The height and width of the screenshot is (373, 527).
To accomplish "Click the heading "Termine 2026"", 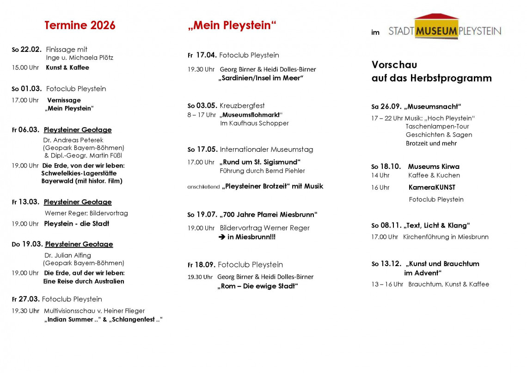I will [x=80, y=25].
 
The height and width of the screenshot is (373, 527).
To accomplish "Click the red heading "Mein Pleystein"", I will [x=232, y=25].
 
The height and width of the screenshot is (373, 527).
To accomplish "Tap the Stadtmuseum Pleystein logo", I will [x=444, y=29].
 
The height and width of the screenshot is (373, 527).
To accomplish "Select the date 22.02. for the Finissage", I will [x=31, y=50].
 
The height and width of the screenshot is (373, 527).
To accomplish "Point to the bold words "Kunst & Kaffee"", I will [x=67, y=68].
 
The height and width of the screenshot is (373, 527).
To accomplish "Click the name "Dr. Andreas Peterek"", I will [x=73, y=140].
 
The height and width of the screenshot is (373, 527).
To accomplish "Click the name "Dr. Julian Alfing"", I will [x=67, y=255].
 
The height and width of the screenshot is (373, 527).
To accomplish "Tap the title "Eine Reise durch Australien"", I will [x=84, y=281].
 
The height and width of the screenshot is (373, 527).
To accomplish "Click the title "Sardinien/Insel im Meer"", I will [x=261, y=78].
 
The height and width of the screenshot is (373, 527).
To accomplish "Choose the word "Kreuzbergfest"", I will [x=242, y=106].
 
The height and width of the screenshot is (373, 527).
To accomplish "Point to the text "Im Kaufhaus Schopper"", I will [x=254, y=123].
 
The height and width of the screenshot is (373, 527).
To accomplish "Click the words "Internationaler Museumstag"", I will [x=266, y=149].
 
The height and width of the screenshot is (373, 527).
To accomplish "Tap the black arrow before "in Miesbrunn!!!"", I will [x=222, y=237].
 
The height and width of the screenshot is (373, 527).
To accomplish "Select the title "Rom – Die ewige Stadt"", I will [x=257, y=286].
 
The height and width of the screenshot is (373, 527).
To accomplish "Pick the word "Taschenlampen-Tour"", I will [x=437, y=126].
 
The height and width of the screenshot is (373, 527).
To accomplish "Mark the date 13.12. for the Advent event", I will [x=391, y=264].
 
